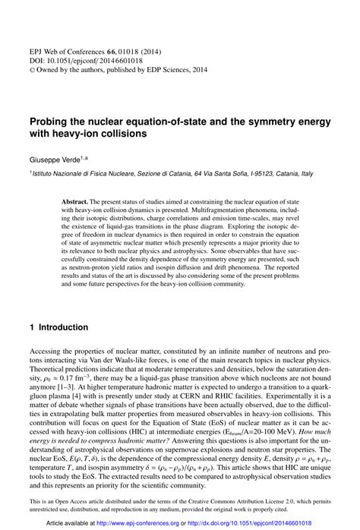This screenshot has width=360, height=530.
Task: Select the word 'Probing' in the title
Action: click(52, 120)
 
